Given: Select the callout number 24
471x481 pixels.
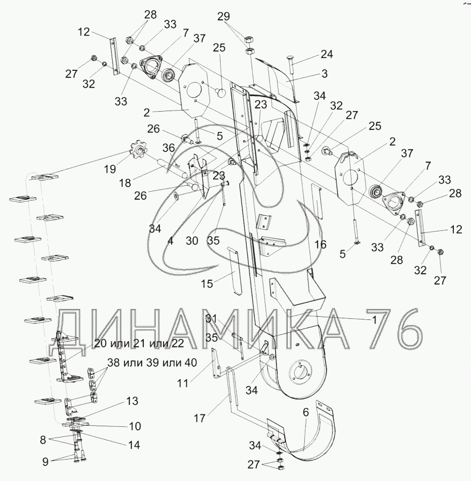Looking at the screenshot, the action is coord(327,54).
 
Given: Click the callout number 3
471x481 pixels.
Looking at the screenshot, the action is coord(325,73).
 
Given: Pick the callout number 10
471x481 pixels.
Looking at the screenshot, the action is coord(135,426).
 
